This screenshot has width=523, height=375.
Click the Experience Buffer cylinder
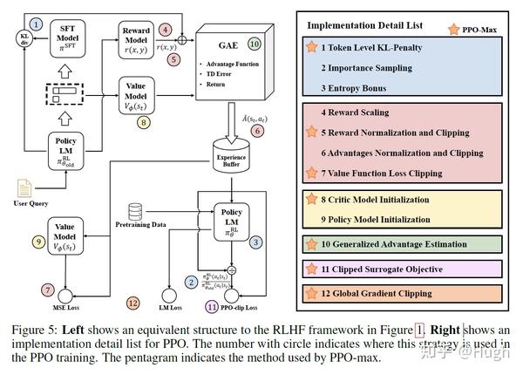[x=232, y=158]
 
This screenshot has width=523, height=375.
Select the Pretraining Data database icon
[x=135, y=212]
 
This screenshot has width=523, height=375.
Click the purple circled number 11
[x=211, y=307]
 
